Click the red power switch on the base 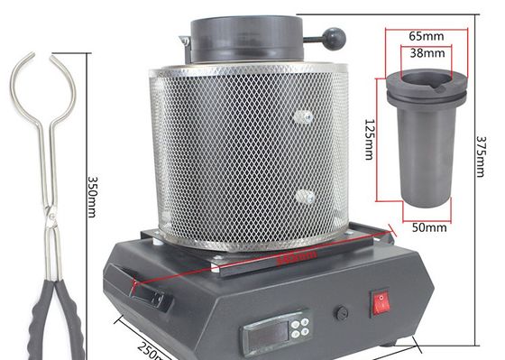pos(381,300)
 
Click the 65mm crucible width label pos(425,36)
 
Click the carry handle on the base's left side pos(149,293)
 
